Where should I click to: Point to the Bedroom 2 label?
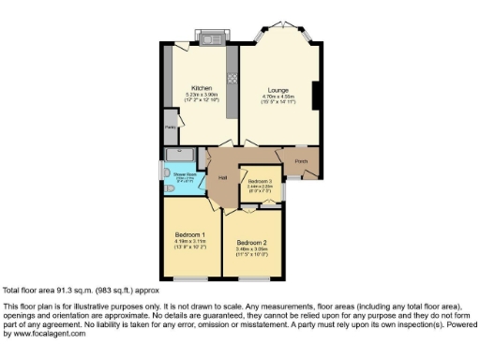pyautogui.click(x=250, y=242)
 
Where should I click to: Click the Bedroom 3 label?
pyautogui.click(x=260, y=180)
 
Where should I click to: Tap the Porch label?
pyautogui.click(x=302, y=161)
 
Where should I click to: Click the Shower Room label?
pyautogui.click(x=184, y=173)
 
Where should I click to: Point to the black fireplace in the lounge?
pyautogui.click(x=316, y=96)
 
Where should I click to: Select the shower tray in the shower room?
pyautogui.click(x=178, y=155)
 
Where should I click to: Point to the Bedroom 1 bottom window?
pyautogui.click(x=190, y=278)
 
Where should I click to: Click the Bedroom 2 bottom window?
pyautogui.click(x=252, y=278)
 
